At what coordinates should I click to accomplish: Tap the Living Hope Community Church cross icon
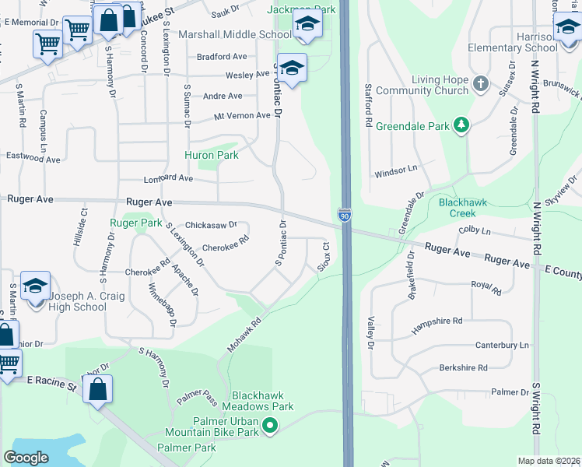tap(481, 83)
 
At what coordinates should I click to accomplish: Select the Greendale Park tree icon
tap(462, 125)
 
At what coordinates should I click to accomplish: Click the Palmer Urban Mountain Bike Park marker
tap(270, 426)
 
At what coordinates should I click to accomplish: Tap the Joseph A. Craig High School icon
tap(36, 287)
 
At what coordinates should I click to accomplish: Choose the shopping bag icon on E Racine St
tap(98, 392)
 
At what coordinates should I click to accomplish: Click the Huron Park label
tap(211, 155)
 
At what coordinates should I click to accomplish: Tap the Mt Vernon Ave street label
tap(242, 116)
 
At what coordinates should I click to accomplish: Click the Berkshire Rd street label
tap(463, 367)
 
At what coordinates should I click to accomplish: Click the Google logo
tap(26, 458)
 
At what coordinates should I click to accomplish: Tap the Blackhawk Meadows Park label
tap(258, 400)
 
